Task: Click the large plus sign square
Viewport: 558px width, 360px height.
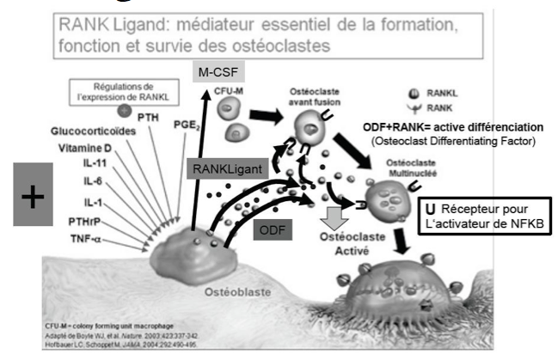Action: coord(33,197)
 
